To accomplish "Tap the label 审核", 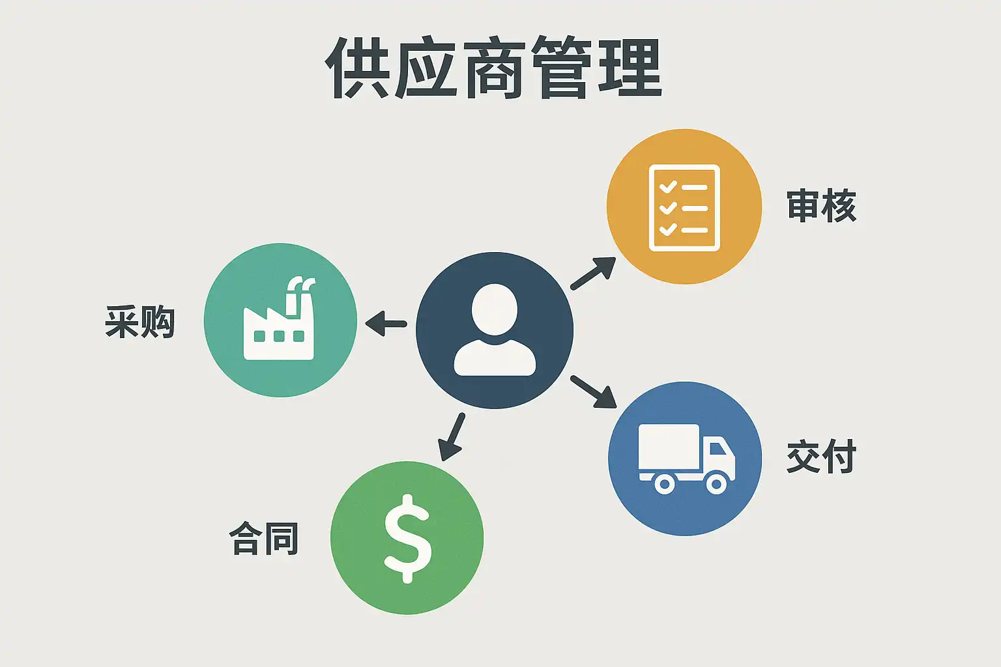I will tap(821, 206).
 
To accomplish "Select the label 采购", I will tap(140, 321).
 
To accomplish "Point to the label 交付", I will tap(821, 457).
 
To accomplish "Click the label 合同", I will tap(264, 539).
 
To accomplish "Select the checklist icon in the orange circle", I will tap(684, 208).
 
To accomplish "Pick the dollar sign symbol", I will tap(407, 538).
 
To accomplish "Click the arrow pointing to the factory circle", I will tap(386, 323).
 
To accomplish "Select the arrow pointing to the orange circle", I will tap(593, 273).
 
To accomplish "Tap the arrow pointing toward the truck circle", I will tap(593, 391).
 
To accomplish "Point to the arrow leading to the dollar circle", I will tap(452, 437).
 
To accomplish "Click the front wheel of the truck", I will tap(716, 483).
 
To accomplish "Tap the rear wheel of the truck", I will tap(664, 483).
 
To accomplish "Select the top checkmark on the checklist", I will tap(667, 187).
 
